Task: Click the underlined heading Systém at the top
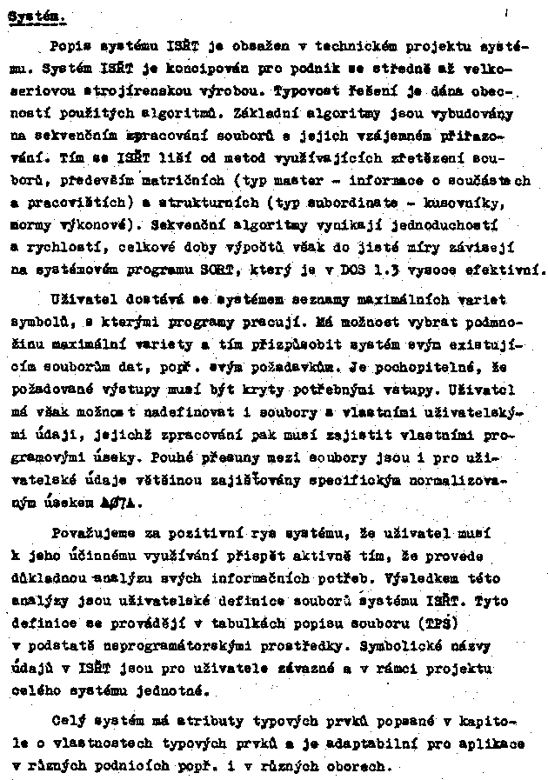37,17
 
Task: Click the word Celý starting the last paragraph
67,722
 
